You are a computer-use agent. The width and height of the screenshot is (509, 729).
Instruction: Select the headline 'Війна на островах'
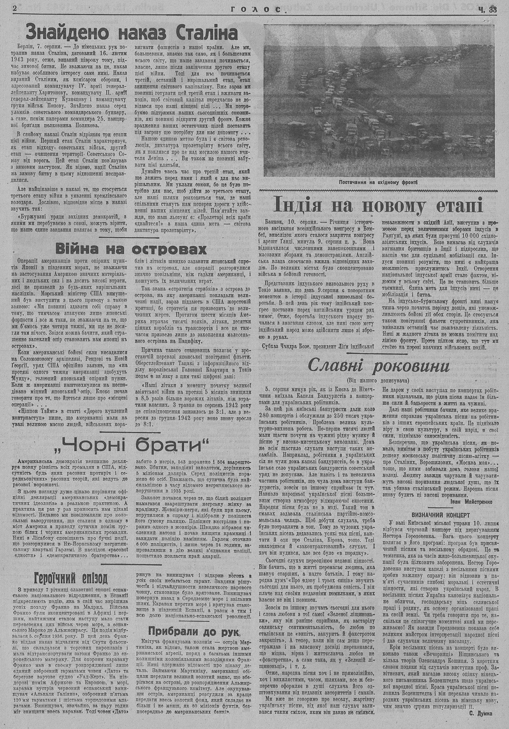pyautogui.click(x=131, y=249)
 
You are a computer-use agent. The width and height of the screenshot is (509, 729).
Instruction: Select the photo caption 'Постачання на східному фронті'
pyautogui.click(x=378, y=181)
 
